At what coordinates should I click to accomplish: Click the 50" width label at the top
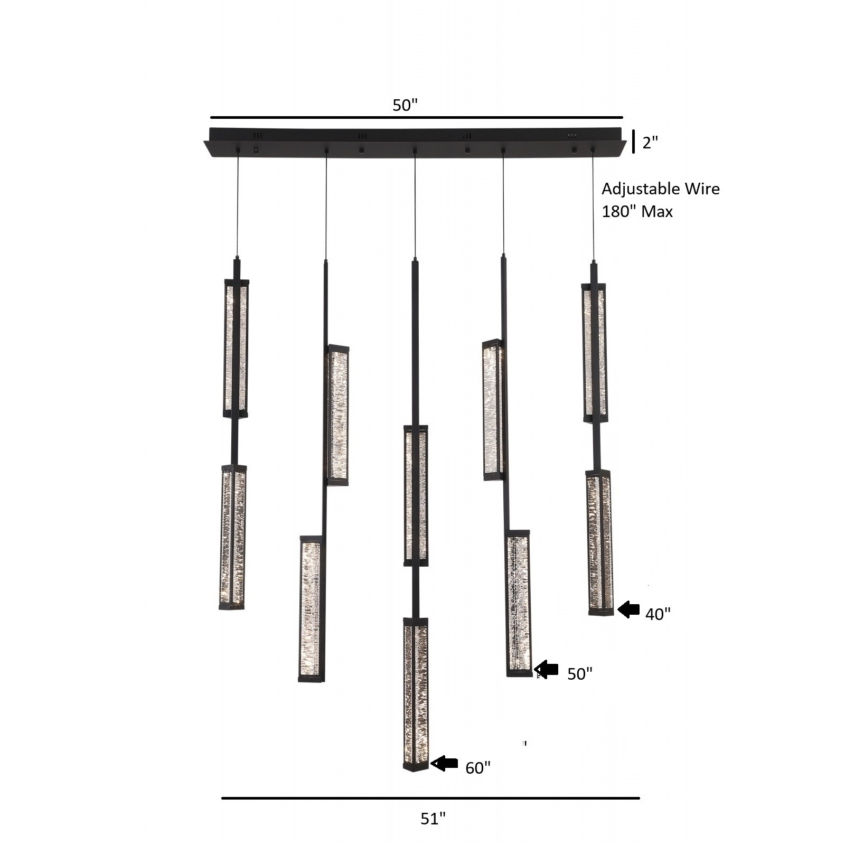click(405, 105)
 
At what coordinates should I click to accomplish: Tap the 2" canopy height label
click(650, 142)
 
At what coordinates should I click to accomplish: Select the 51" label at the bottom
click(433, 819)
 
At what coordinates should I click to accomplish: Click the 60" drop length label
click(477, 767)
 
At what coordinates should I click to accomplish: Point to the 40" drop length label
click(658, 614)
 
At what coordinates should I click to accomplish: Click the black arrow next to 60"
click(445, 763)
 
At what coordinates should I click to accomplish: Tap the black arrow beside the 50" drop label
click(547, 670)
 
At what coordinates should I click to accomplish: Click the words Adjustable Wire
click(660, 189)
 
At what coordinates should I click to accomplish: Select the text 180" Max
click(637, 212)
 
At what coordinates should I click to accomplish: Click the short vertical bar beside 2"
click(633, 141)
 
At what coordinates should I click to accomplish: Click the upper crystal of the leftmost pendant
click(236, 349)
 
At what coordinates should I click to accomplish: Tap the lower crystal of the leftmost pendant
click(233, 537)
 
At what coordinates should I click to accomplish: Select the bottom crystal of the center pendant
click(416, 694)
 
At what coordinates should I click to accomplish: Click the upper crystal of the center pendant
click(416, 495)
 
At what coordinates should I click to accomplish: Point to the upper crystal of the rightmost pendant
click(594, 353)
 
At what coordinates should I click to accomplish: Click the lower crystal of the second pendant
click(310, 608)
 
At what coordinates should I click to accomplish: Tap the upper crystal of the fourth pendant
click(493, 410)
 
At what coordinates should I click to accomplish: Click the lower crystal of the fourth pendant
click(519, 603)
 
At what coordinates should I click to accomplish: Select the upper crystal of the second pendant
click(338, 415)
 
